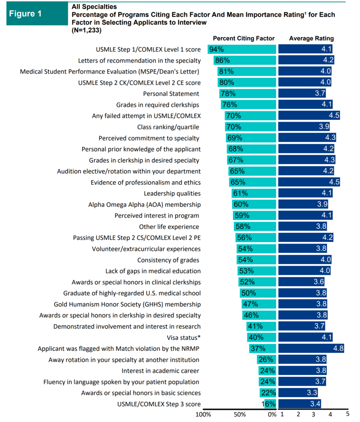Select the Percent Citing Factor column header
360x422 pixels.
243,38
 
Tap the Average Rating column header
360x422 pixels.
311,38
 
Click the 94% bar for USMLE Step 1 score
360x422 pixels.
241,49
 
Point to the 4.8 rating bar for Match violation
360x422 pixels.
311,348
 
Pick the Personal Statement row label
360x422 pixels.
171,94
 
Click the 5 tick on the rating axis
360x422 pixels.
347,414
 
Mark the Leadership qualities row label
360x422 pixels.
172,193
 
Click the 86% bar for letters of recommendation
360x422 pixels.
244,61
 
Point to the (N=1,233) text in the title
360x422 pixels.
86,30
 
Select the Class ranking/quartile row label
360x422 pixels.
169,127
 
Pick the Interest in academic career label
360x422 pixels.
161,370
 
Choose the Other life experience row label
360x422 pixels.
169,227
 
